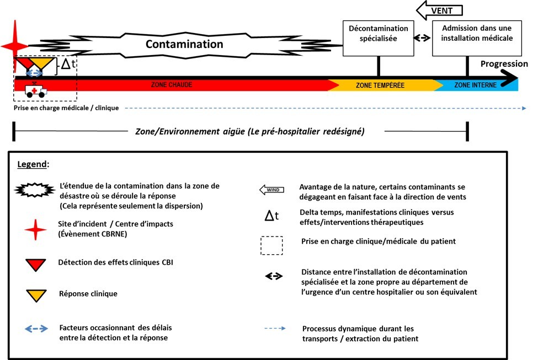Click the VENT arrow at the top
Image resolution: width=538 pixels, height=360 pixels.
click(x=439, y=10)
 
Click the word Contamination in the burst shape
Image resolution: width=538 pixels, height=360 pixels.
click(x=184, y=44)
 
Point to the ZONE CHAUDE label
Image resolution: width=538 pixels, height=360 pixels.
click(x=172, y=85)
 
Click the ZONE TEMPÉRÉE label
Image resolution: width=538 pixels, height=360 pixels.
click(x=380, y=85)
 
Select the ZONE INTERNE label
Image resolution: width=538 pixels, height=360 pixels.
click(x=475, y=85)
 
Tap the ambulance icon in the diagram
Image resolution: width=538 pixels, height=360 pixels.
click(x=35, y=90)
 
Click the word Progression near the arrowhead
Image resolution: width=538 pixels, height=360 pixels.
click(x=504, y=64)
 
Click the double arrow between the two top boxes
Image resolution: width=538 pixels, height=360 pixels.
click(x=422, y=37)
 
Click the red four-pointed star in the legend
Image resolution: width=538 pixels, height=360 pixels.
click(x=35, y=230)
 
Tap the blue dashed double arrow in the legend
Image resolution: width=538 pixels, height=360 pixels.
click(x=36, y=329)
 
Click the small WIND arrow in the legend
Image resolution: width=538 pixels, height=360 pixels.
click(x=271, y=190)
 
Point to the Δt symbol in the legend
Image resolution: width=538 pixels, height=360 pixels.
click(x=271, y=216)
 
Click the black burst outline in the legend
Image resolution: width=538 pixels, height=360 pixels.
click(x=35, y=190)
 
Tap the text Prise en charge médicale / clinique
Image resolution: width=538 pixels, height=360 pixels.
click(x=66, y=108)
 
